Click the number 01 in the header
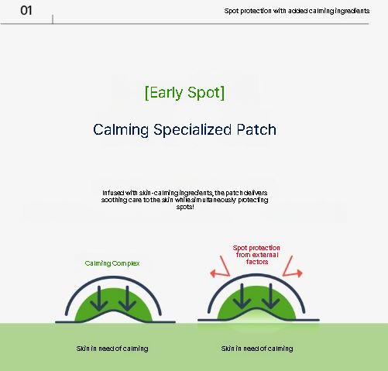click(x=26, y=11)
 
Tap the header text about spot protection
click(x=297, y=11)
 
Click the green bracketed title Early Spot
click(x=184, y=92)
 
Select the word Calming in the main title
click(x=121, y=130)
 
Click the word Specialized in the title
click(x=192, y=130)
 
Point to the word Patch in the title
click(x=256, y=129)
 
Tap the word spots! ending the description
click(x=185, y=207)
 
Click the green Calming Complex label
click(x=112, y=263)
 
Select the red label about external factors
click(x=256, y=255)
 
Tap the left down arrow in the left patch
click(x=99, y=298)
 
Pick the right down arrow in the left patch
click(x=127, y=298)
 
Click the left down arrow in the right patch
click(x=242, y=296)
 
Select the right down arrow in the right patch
click(x=270, y=296)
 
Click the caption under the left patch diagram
click(x=112, y=349)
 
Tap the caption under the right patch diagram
click(x=257, y=349)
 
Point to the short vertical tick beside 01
click(x=53, y=19)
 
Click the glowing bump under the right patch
click(x=256, y=318)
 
